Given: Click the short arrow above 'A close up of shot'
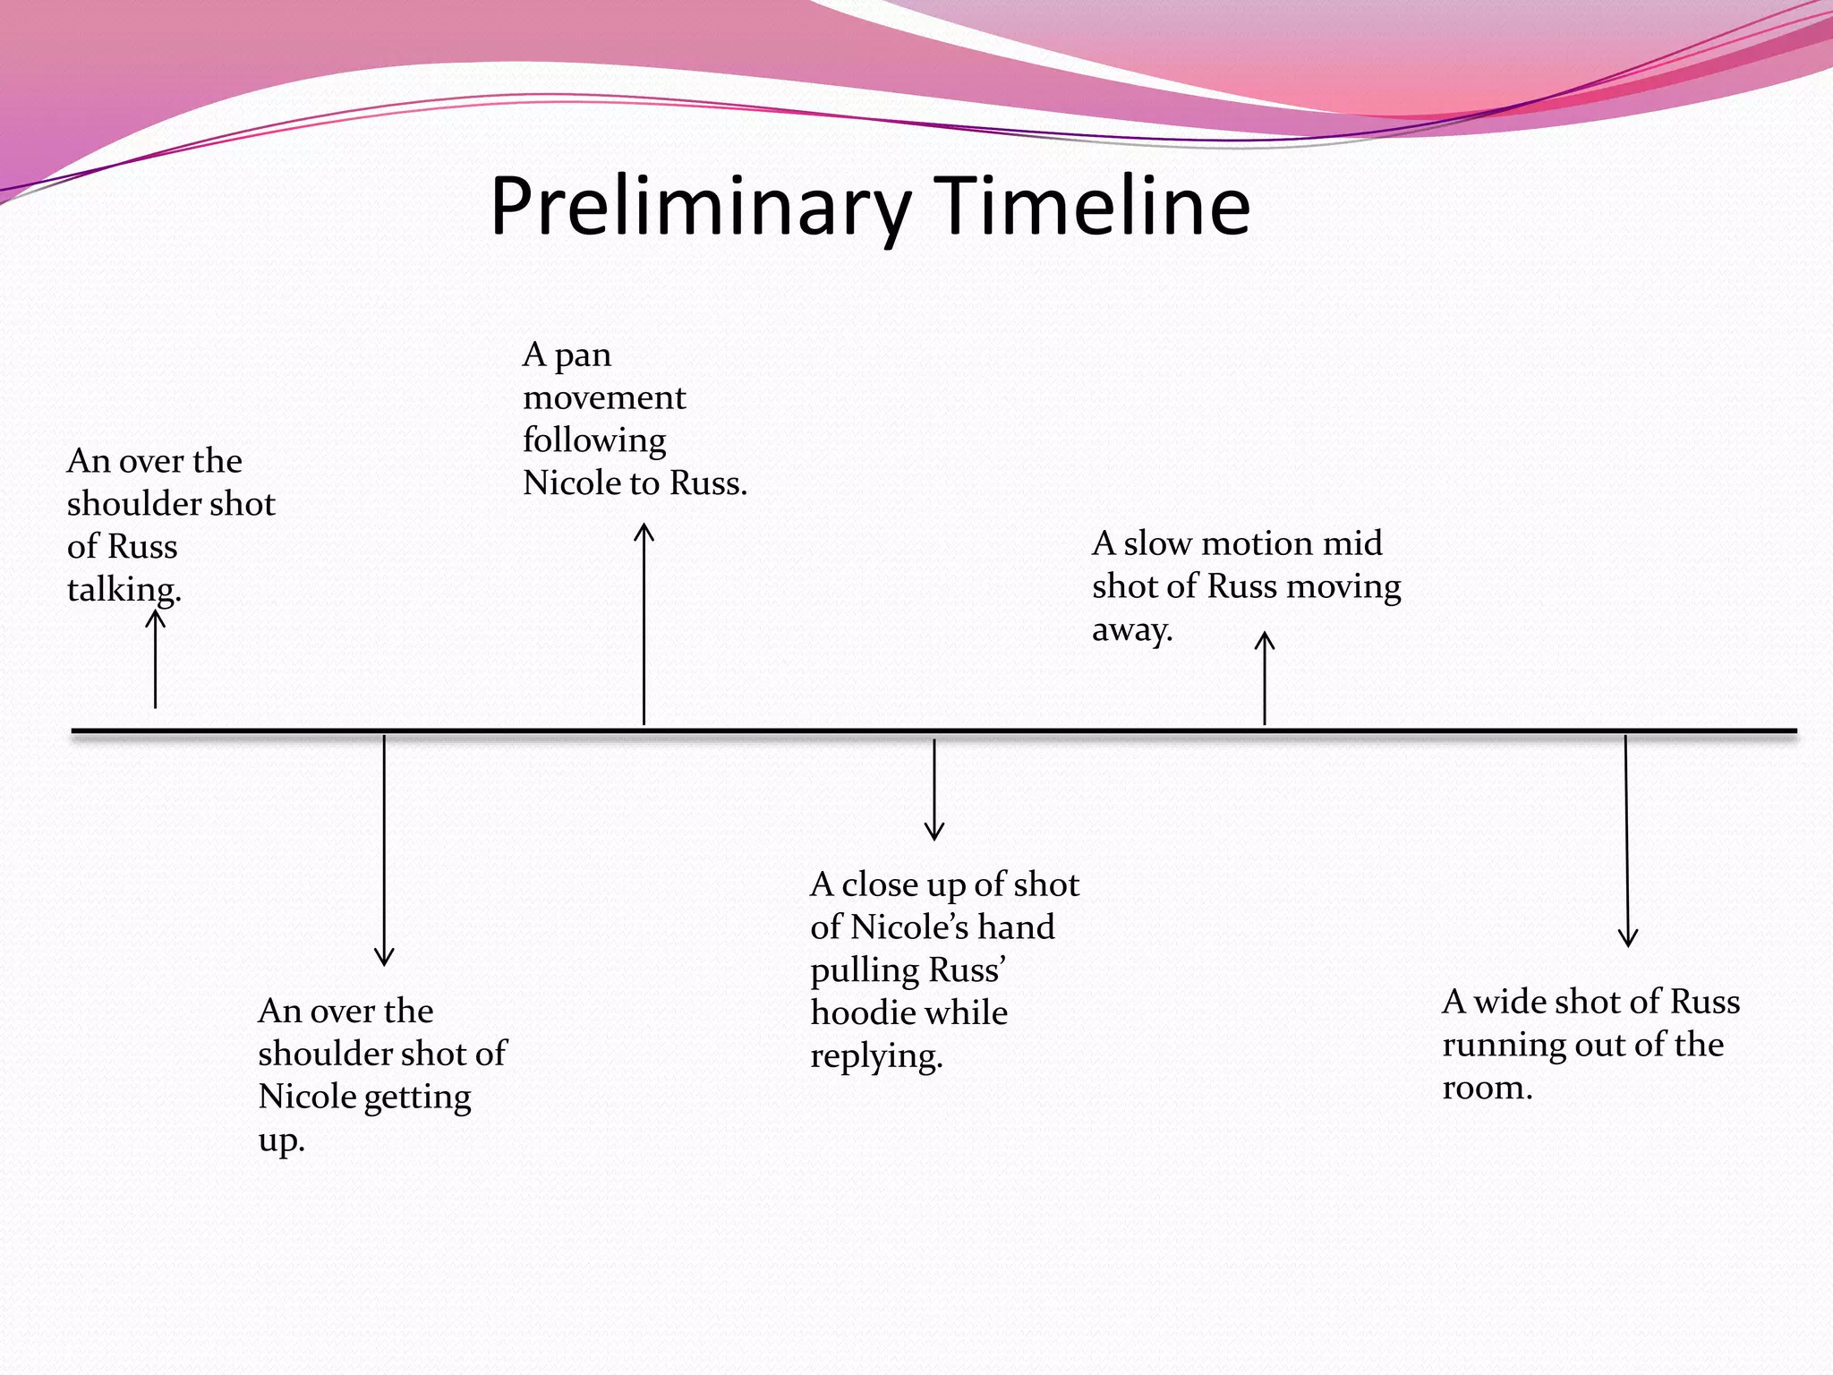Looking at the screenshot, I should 934,789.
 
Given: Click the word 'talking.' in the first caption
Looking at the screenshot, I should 124,590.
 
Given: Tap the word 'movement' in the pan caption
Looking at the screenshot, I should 604,397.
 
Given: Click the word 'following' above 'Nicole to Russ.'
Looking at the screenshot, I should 594,440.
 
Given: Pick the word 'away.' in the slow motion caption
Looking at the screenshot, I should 1131,630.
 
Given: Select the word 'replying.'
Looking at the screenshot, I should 876,1056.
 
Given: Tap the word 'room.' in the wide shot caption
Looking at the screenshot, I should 1487,1088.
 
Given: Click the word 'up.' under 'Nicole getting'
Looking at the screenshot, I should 281,1140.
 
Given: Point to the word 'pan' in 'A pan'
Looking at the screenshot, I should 583,355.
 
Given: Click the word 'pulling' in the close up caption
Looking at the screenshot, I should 864,970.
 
